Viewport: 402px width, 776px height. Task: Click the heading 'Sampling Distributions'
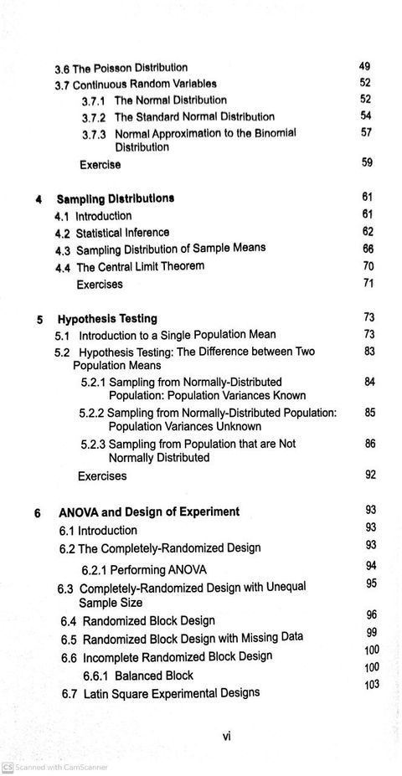[x=116, y=199]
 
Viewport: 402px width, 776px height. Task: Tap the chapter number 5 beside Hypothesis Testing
[x=40, y=320]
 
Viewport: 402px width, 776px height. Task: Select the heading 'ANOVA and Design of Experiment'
[x=149, y=512]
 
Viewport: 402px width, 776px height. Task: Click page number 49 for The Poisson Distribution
[x=364, y=66]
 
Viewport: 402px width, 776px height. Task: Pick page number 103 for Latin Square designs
[x=372, y=685]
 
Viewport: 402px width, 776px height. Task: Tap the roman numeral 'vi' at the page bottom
[x=226, y=737]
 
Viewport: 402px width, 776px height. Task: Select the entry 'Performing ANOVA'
[x=144, y=570]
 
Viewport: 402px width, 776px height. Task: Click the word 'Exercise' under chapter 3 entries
[x=100, y=165]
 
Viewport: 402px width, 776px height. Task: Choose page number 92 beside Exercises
[x=370, y=475]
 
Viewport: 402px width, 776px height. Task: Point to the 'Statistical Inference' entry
[x=122, y=233]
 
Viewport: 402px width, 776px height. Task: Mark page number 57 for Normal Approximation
[x=366, y=132]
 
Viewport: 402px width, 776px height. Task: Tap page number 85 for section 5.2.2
[x=370, y=413]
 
